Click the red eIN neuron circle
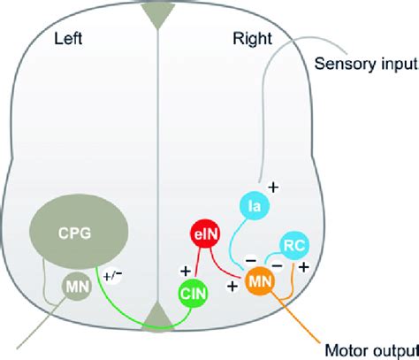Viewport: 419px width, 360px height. (204, 235)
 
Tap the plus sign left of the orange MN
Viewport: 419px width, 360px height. (236, 286)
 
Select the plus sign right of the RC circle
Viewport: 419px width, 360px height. (306, 265)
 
